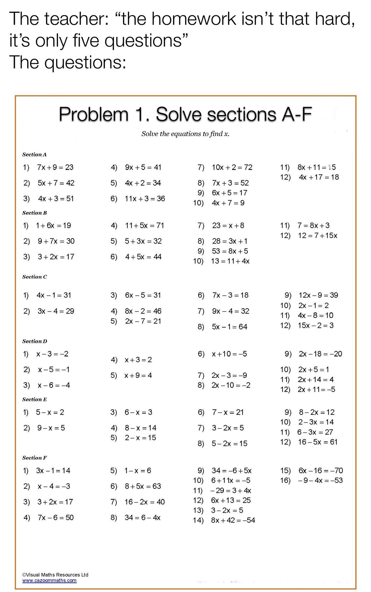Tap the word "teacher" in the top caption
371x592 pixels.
pyautogui.click(x=76, y=19)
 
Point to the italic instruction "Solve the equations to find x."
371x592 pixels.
pyautogui.click(x=185, y=134)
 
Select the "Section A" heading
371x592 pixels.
pyautogui.click(x=34, y=155)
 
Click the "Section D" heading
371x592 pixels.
pyautogui.click(x=35, y=341)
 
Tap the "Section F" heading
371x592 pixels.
pyautogui.click(x=34, y=458)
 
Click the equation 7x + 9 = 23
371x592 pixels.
pyautogui.click(x=55, y=167)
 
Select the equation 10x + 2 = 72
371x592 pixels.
pyautogui.click(x=232, y=167)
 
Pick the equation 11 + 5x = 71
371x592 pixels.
pyautogui.click(x=144, y=225)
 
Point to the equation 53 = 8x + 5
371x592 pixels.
pyautogui.click(x=230, y=251)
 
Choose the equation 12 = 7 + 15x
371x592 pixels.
pyautogui.click(x=318, y=235)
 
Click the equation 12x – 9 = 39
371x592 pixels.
pyautogui.click(x=318, y=295)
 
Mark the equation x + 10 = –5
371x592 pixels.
pyautogui.click(x=229, y=354)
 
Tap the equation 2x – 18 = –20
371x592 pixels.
pyautogui.click(x=320, y=354)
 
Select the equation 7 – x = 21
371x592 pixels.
pyautogui.click(x=228, y=412)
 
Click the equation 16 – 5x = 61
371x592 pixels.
pyautogui.click(x=318, y=442)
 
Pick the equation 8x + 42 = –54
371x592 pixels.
pyautogui.click(x=233, y=520)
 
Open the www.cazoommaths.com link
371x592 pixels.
pyautogui.click(x=50, y=580)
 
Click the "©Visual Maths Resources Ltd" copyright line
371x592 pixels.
pyautogui.click(x=55, y=575)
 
